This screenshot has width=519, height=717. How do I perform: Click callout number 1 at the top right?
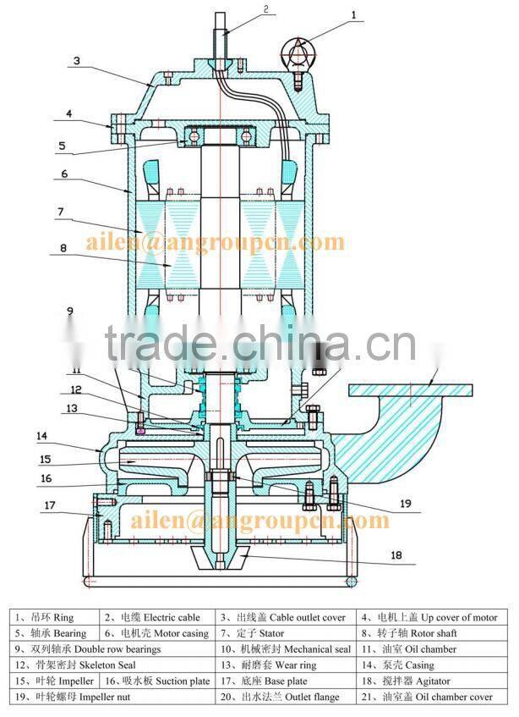354,14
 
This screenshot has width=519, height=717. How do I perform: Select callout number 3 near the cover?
76,60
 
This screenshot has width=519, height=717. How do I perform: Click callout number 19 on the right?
406,503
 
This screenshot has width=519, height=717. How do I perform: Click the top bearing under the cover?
220,135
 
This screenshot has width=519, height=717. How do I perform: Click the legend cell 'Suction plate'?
157,681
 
